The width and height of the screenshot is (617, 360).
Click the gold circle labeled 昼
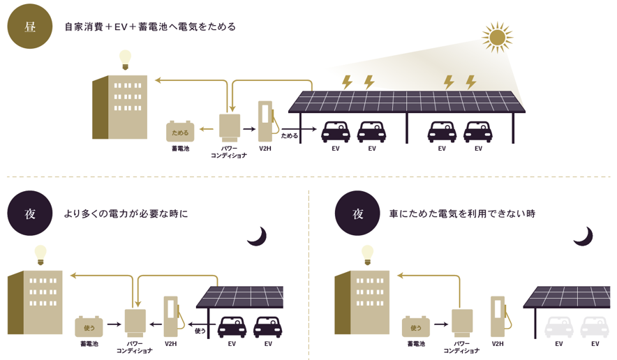(30, 27)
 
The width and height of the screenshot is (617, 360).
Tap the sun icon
(498, 38)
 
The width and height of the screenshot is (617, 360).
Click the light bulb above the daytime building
(125, 60)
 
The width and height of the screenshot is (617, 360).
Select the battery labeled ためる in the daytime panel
(180, 131)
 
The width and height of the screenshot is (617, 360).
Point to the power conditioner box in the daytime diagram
(230, 128)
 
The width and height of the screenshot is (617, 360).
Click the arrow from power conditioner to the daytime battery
(206, 128)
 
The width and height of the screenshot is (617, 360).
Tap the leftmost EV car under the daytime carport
(336, 132)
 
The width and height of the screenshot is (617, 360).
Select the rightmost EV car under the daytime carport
(477, 132)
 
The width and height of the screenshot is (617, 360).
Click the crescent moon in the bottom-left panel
(258, 237)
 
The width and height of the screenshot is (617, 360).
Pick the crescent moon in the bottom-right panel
(584, 237)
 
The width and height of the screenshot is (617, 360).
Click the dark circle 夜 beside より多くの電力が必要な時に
(30, 213)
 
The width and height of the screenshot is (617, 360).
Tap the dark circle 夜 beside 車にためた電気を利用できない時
(357, 213)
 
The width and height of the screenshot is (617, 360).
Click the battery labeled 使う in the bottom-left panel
(89, 327)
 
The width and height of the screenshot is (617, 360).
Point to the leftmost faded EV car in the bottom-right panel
(559, 327)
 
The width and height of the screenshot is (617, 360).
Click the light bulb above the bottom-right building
(368, 255)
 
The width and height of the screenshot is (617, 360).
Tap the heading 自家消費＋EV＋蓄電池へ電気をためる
(150, 27)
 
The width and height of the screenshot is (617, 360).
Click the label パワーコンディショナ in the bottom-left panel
(135, 347)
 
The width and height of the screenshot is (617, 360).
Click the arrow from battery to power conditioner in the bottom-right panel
(441, 324)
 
